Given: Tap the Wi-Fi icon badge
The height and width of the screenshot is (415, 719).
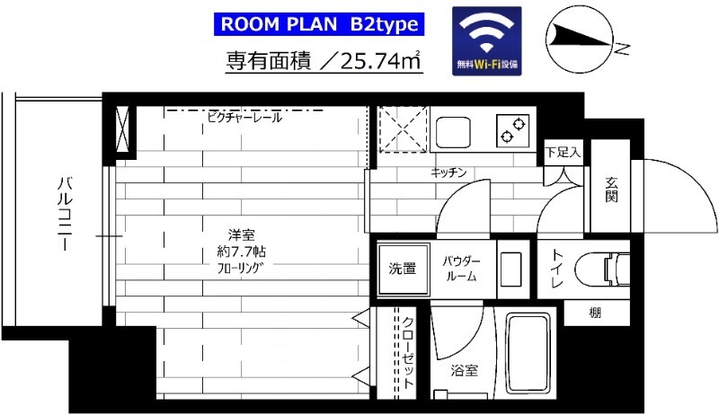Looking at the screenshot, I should click(488, 40).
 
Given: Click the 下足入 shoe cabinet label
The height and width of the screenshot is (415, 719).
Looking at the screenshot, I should click(564, 153).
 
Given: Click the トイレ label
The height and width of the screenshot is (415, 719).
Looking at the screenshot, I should click(557, 269).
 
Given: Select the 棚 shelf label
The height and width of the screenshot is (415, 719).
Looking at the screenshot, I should click(595, 313).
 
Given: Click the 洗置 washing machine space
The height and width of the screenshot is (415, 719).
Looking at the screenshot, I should click(402, 268).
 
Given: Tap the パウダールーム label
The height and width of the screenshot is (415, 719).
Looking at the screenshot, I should click(462, 269).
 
